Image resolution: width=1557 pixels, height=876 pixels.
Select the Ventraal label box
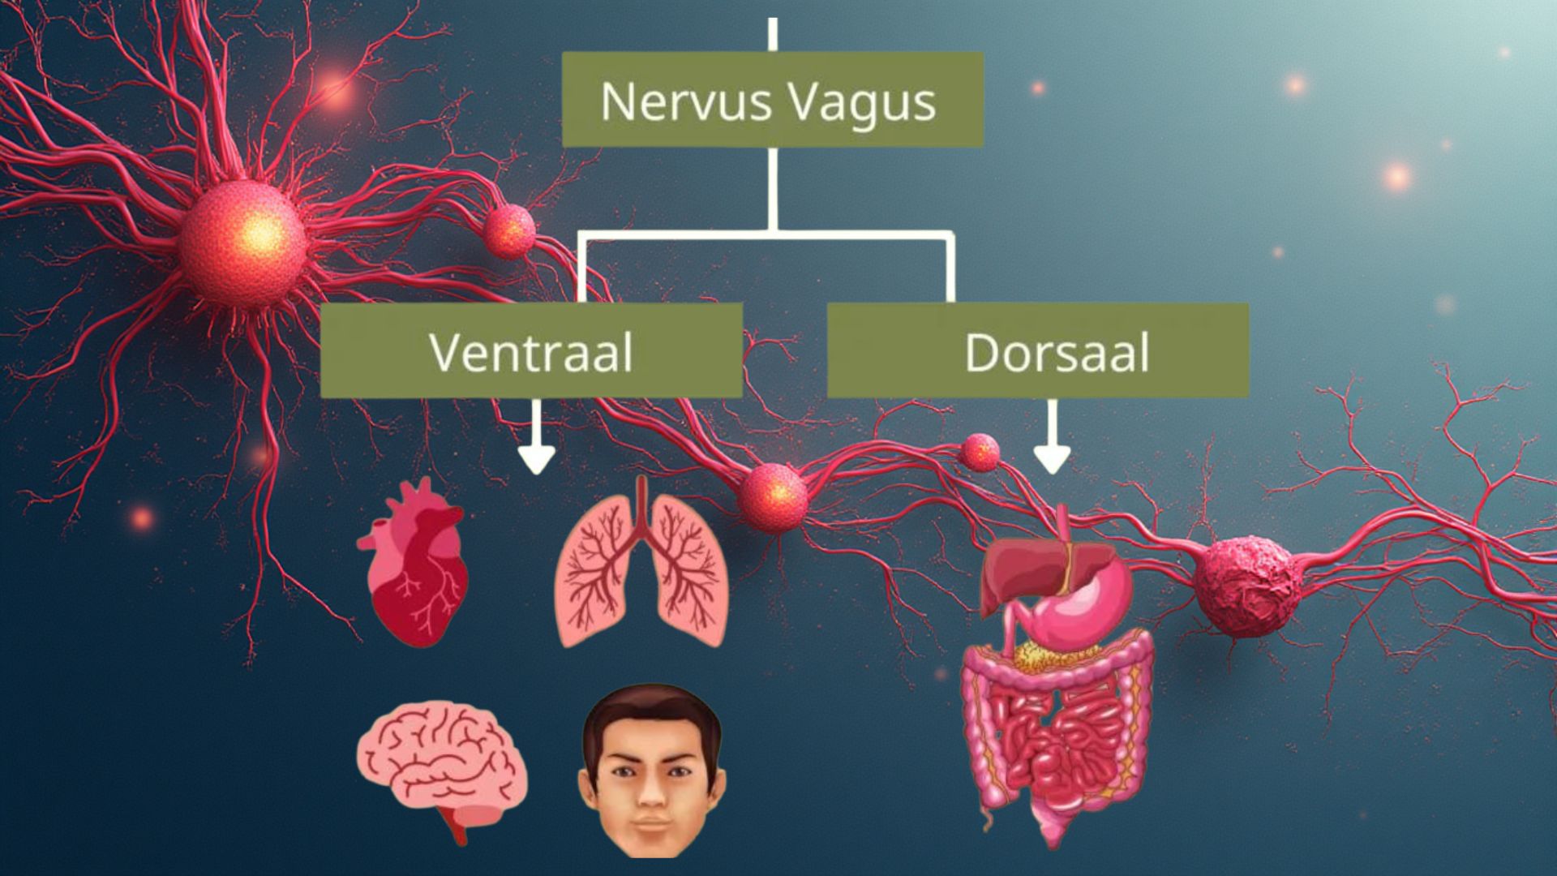click(531, 350)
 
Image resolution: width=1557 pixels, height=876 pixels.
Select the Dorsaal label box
click(1037, 350)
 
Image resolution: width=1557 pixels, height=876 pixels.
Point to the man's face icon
click(651, 771)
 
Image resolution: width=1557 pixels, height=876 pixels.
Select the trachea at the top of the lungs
click(642, 503)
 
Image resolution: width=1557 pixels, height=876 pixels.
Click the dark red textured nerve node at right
click(1245, 584)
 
